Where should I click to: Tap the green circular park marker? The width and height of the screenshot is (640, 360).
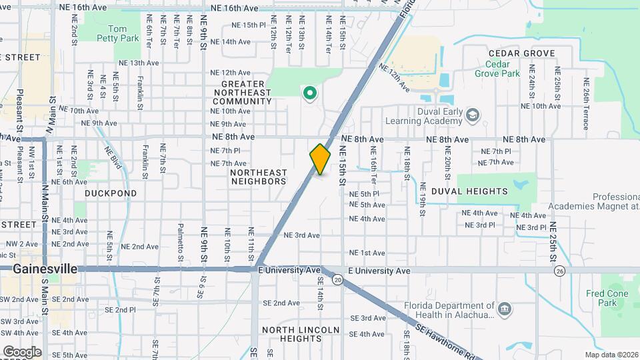click(x=309, y=93)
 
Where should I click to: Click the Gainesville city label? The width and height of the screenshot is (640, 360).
click(x=45, y=269)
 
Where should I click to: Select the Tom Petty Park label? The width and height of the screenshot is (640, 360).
click(x=117, y=33)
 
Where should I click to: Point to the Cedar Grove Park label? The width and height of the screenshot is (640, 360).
click(x=497, y=69)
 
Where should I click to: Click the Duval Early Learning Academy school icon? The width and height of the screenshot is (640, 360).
click(x=473, y=116)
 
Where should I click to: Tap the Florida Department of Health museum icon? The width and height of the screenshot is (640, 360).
click(x=505, y=309)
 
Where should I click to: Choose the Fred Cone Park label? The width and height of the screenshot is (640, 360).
click(x=607, y=298)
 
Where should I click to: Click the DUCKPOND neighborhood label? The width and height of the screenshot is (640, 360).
click(x=111, y=193)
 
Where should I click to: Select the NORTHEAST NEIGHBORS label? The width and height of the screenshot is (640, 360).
click(x=258, y=177)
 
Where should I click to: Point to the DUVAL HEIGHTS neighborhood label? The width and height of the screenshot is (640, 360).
click(x=488, y=191)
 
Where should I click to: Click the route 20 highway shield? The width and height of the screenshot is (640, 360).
click(x=338, y=281)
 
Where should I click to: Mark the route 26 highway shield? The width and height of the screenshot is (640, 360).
click(x=559, y=271)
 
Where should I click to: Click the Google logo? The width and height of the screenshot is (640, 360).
click(x=22, y=351)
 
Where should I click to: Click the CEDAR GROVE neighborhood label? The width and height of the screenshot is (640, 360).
click(x=512, y=53)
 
